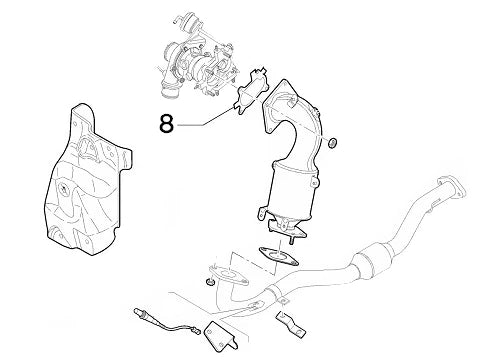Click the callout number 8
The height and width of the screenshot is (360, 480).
167,125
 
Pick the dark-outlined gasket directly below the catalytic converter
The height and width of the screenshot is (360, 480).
272,256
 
